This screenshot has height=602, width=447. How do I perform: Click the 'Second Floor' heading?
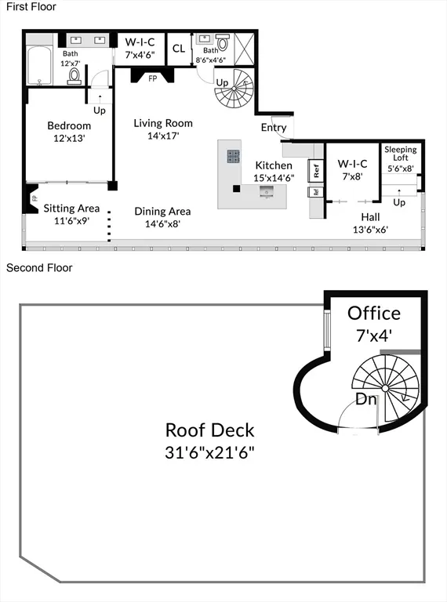(39, 268)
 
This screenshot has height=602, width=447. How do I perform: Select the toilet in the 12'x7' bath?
(74, 75)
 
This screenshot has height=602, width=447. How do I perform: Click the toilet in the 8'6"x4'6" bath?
(222, 42)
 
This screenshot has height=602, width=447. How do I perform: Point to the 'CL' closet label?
(179, 49)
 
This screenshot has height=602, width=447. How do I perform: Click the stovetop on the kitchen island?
(234, 155)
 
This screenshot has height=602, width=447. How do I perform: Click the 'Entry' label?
(274, 129)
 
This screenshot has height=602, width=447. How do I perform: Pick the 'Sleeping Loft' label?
(400, 153)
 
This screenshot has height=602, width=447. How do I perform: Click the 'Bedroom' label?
(69, 125)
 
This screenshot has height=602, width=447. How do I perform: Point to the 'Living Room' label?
(162, 123)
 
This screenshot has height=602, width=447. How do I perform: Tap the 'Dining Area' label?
(162, 211)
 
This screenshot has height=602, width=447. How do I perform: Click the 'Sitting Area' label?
(71, 208)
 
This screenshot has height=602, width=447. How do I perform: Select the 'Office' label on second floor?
(374, 313)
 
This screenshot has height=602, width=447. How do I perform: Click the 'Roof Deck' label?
(209, 430)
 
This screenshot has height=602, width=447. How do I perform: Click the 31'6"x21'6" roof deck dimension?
(209, 453)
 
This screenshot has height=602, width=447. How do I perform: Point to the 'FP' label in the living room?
(152, 78)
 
